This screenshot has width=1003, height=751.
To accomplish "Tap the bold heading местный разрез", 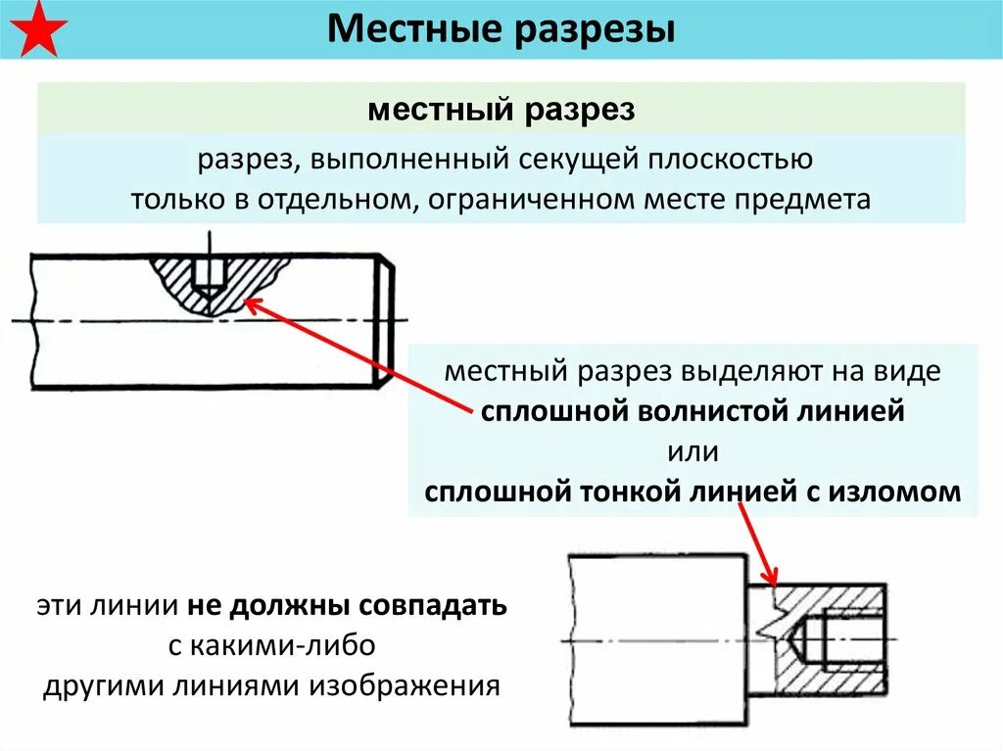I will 501,109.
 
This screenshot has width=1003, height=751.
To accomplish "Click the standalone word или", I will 693,452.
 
